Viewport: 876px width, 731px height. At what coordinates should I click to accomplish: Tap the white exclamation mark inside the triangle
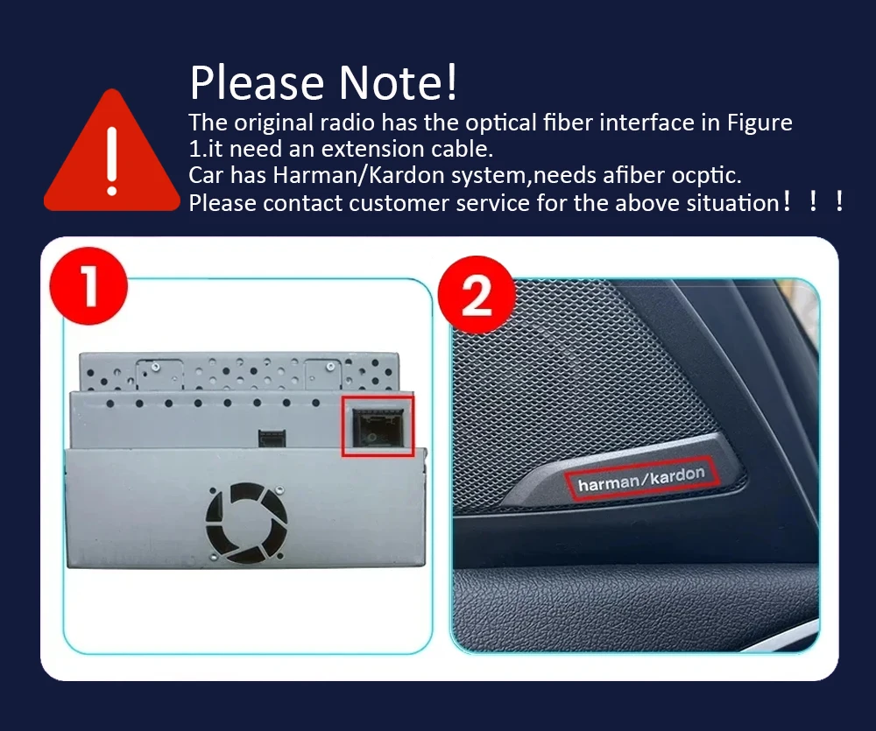[112, 161]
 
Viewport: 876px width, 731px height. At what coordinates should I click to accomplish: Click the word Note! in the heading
[398, 82]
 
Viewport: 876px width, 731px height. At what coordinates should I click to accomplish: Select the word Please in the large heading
[257, 82]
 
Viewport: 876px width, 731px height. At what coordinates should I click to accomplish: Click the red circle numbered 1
[88, 286]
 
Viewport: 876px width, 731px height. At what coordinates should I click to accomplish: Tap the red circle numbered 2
[477, 295]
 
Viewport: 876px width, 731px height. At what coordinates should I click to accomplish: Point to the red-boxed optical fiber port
[378, 426]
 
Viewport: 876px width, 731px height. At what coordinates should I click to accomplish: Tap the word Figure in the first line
[759, 123]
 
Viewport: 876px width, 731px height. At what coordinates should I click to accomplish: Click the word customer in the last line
[399, 203]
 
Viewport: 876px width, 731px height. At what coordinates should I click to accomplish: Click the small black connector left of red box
[272, 438]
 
